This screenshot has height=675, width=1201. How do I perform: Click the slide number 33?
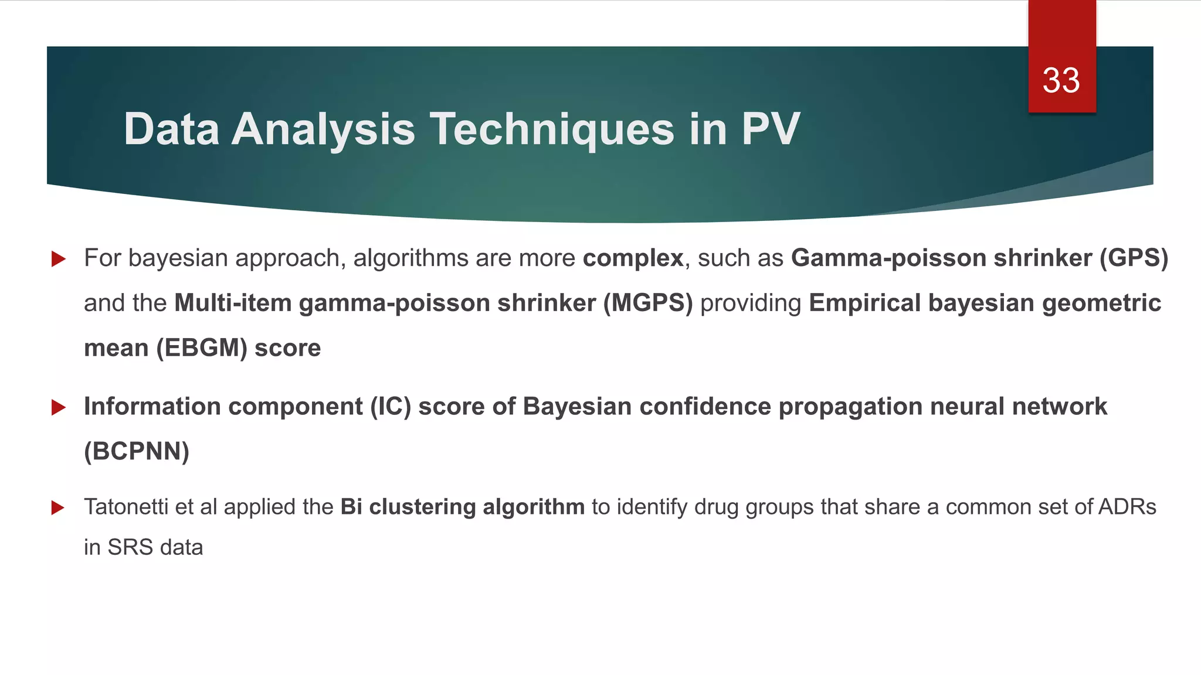point(1061,81)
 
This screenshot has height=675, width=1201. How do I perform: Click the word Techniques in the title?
point(553,129)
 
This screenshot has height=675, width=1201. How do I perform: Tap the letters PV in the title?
point(771,129)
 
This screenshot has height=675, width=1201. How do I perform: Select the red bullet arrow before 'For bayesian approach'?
point(58,258)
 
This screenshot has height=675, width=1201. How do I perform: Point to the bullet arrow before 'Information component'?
point(58,407)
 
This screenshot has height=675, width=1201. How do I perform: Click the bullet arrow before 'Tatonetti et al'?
point(58,507)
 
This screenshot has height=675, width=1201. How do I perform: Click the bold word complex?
point(633,258)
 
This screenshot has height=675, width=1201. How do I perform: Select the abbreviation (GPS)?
point(1134,258)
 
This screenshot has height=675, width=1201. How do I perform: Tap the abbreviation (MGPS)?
point(648,304)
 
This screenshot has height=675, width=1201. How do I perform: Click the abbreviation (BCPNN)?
point(137,452)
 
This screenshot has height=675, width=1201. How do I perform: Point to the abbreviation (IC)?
point(390,407)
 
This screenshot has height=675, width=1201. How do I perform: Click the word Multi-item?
point(233,304)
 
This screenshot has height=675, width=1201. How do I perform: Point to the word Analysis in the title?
point(323,129)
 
